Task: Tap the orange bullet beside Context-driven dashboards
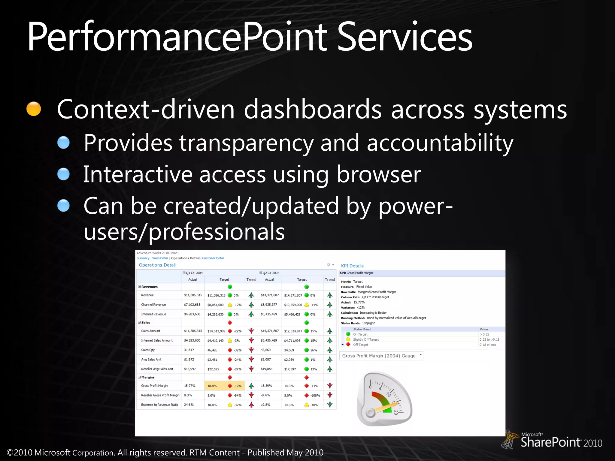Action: [34, 109]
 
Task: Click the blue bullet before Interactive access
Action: [63, 174]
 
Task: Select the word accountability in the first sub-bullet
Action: [440, 143]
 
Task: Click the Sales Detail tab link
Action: [160, 258]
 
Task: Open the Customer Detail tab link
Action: [213, 258]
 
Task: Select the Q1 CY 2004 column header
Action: [194, 273]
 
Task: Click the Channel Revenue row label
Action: [153, 305]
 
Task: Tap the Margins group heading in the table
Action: [148, 377]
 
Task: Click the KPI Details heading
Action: [352, 266]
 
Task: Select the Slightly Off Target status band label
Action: [366, 339]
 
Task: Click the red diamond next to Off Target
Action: [348, 345]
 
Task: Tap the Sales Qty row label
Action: [148, 350]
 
